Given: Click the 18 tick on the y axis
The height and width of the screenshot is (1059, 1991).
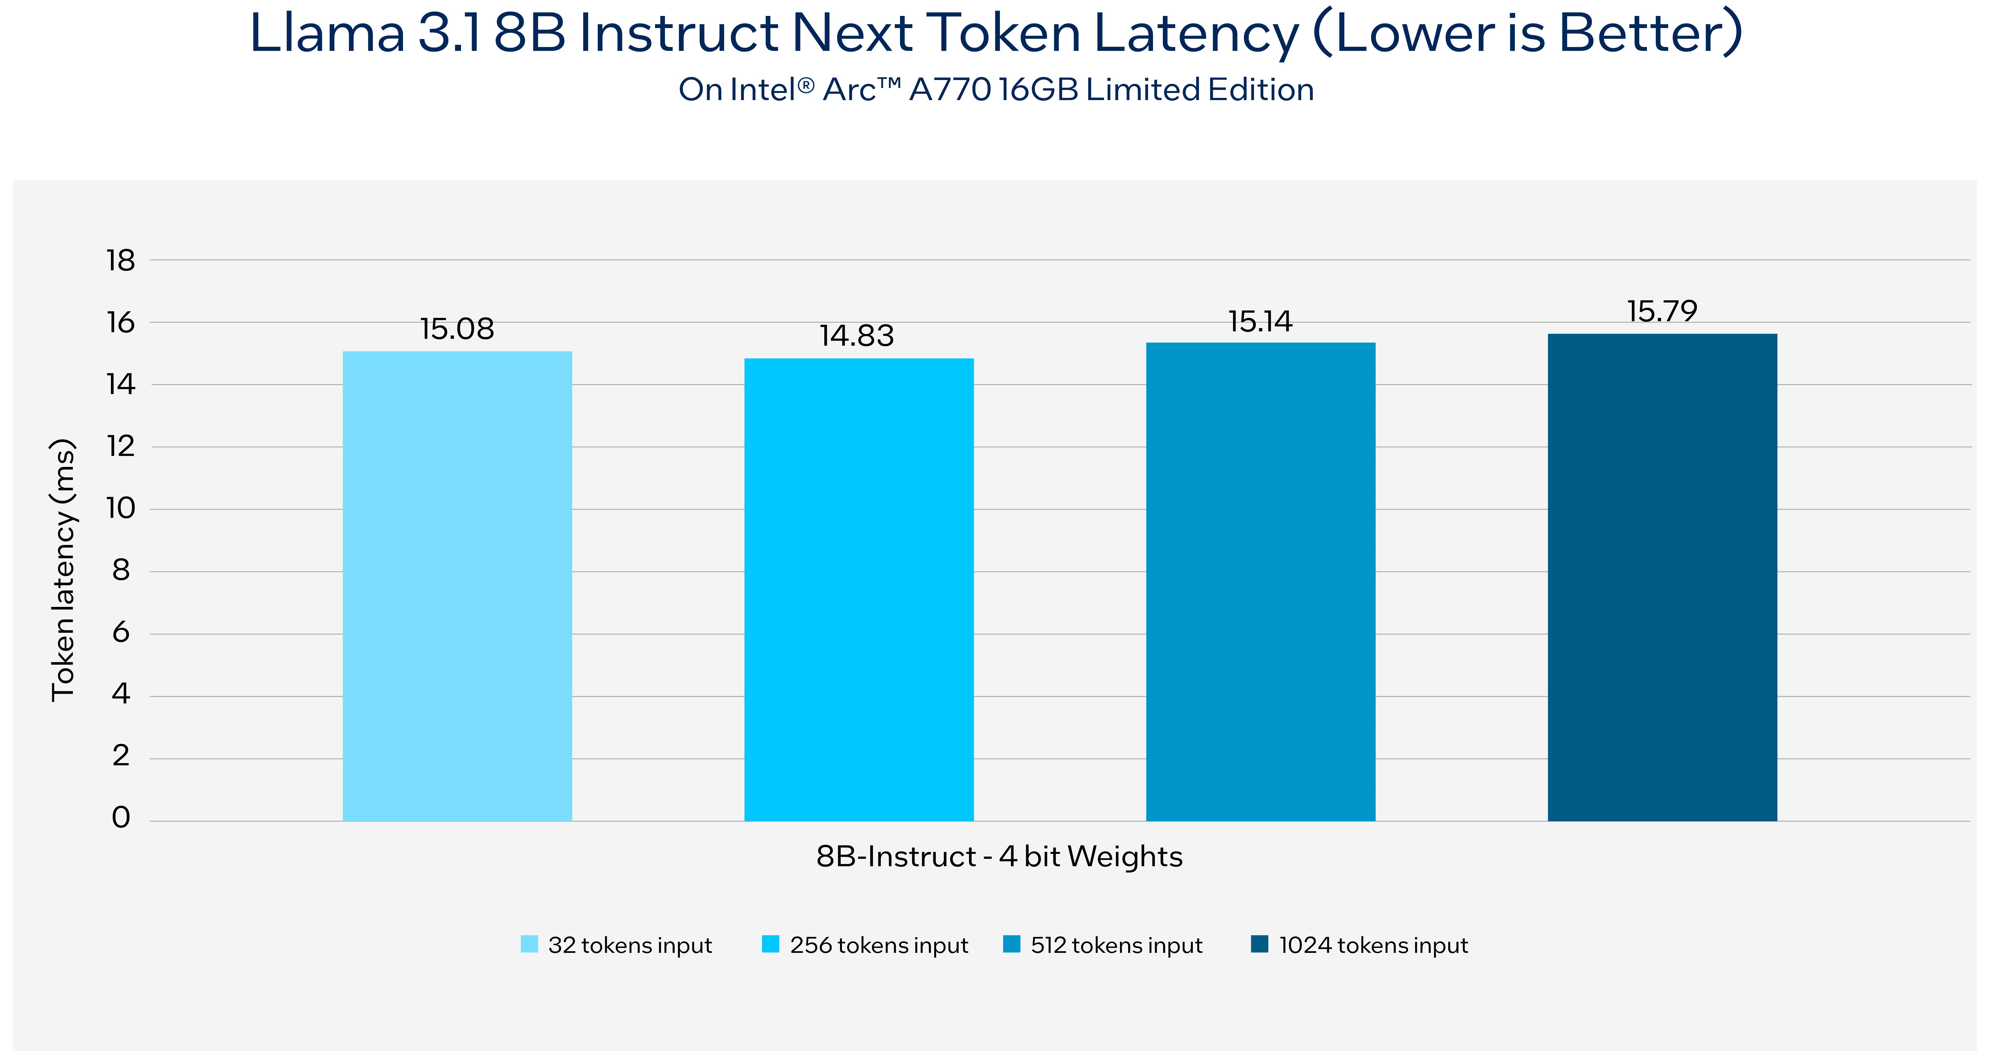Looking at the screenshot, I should (x=121, y=261).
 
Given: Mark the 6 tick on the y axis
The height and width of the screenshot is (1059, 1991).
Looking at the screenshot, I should (x=121, y=632).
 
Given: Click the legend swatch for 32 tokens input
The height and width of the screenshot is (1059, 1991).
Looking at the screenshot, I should (x=530, y=944).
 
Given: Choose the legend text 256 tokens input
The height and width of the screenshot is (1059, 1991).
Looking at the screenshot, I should (x=879, y=945).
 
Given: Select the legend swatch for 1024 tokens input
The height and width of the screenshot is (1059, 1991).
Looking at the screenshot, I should (x=1260, y=944).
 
